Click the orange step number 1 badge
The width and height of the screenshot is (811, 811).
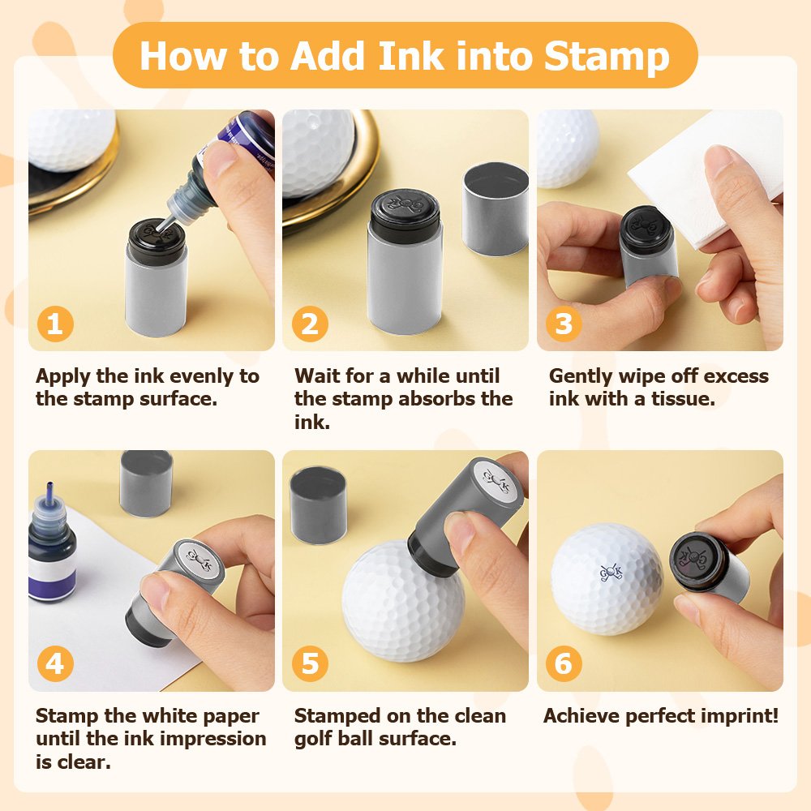pos(55,324)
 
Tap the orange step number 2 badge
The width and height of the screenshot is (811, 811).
pos(310,324)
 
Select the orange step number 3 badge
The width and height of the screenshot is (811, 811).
pos(564,324)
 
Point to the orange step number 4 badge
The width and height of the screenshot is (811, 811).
pos(55,663)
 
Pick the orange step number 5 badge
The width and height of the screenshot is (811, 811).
pos(310,663)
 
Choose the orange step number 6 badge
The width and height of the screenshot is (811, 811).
pos(564,663)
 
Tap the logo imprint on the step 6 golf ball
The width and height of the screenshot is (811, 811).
pos(611,572)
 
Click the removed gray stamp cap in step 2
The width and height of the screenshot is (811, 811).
pos(495,209)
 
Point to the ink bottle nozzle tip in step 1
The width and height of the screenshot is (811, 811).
pos(159,230)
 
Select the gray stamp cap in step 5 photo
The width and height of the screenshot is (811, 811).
pos(318,505)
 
